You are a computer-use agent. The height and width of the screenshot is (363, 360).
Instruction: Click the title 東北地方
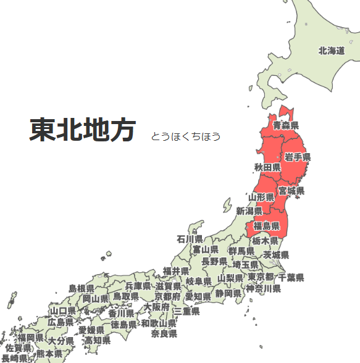[x=82, y=130]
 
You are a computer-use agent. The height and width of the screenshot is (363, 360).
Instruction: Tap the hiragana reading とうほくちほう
[x=185, y=136]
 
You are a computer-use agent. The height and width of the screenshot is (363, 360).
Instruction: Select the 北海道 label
[x=331, y=51]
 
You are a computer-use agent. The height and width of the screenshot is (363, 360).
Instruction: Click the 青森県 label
[x=286, y=125]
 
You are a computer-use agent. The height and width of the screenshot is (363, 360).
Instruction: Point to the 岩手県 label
[x=298, y=157]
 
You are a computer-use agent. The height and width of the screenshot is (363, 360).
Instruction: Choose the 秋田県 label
[x=267, y=167]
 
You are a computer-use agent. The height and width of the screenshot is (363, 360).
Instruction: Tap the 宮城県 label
[x=291, y=191]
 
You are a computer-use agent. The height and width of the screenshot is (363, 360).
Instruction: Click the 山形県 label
[x=261, y=197]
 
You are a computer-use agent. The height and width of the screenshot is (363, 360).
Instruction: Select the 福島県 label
[x=267, y=226]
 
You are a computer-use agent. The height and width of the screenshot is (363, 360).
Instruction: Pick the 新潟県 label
[x=249, y=211]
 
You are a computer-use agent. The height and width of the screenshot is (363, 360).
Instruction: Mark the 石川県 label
[x=190, y=239]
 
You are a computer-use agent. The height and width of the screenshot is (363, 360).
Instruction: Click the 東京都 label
[x=261, y=276]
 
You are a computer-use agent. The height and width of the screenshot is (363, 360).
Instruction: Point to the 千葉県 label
[x=291, y=278]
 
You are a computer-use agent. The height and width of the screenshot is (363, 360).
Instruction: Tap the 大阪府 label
[x=157, y=306]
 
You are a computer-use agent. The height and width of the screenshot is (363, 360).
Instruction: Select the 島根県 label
[x=81, y=288]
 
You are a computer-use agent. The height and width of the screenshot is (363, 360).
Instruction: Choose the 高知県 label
[x=98, y=340]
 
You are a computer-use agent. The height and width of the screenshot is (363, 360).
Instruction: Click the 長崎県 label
[x=14, y=357]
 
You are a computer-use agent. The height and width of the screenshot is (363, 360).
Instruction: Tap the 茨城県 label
[x=276, y=254]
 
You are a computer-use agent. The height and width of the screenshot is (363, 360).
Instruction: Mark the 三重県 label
[x=186, y=312]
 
